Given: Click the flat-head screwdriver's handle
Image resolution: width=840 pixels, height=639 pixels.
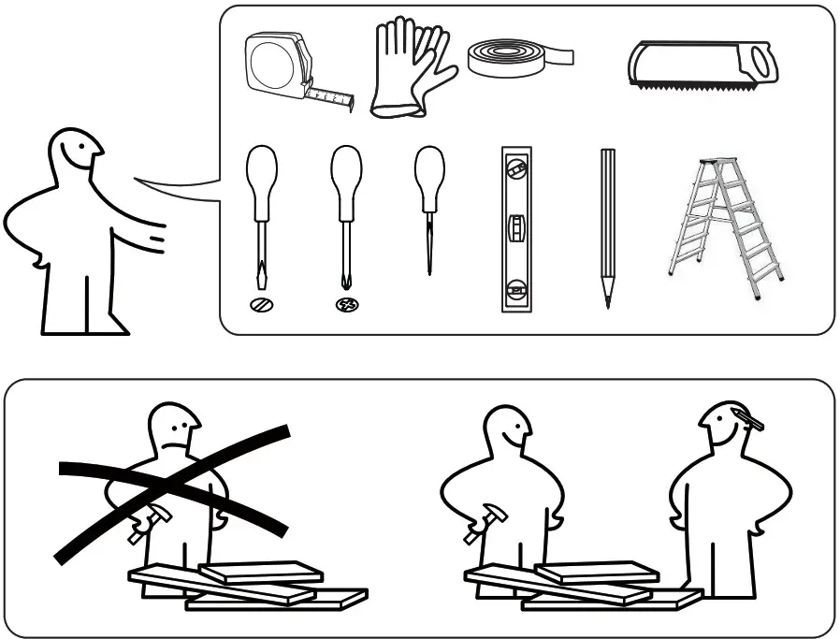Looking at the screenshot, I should click(261, 172).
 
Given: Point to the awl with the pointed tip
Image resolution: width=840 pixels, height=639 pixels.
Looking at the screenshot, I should click(429, 206).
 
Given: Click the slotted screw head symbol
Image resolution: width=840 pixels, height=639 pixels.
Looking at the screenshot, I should click(261, 304).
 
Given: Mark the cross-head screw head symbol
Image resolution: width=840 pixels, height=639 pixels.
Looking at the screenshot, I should click(346, 304).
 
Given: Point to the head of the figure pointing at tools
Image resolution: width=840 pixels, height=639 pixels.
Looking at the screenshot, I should click(76, 153).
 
